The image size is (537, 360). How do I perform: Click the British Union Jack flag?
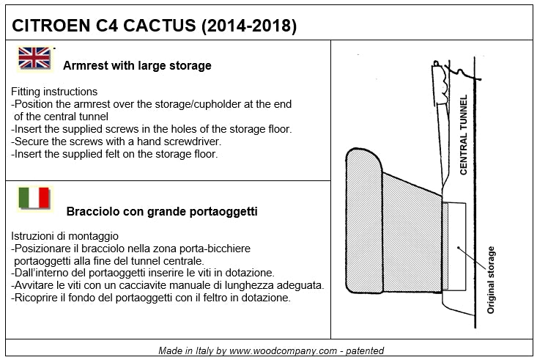pyautogui.click(x=34, y=58)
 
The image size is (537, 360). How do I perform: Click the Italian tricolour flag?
pyautogui.click(x=34, y=198)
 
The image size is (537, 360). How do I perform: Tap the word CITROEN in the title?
pyautogui.click(x=51, y=26)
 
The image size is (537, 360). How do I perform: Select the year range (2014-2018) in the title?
pyautogui.click(x=249, y=26)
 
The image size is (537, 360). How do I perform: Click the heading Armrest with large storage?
pyautogui.click(x=137, y=65)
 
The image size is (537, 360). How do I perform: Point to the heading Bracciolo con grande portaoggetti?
pyautogui.click(x=162, y=211)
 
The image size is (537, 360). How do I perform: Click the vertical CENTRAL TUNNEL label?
pyautogui.click(x=463, y=135)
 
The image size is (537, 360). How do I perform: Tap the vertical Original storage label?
pyautogui.click(x=491, y=280)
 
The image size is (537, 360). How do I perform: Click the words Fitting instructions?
pyautogui.click(x=54, y=92)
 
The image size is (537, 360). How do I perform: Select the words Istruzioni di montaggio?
pyautogui.click(x=64, y=236)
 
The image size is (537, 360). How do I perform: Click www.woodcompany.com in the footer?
pyautogui.click(x=284, y=350)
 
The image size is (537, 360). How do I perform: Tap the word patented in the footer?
pyautogui.click(x=364, y=350)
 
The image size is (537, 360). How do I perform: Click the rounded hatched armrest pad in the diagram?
pyautogui.click(x=364, y=221)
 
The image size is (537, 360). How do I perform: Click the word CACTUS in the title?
pyautogui.click(x=159, y=26)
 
